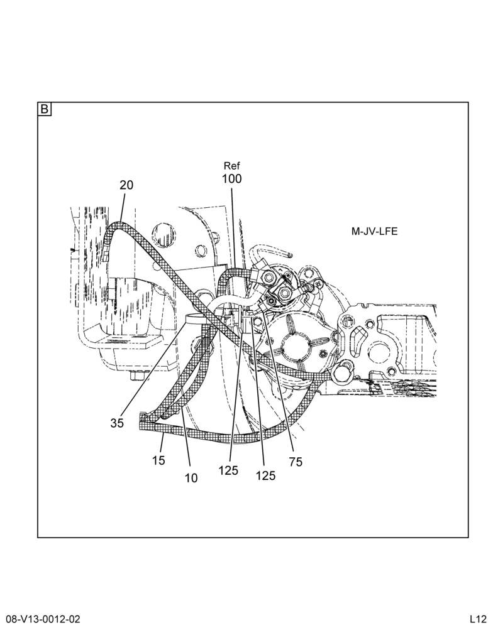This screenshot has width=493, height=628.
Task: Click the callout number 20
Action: (x=126, y=185)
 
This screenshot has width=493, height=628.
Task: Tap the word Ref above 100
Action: (x=232, y=166)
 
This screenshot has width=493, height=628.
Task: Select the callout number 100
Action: (x=232, y=178)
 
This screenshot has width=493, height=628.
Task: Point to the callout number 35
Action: (x=117, y=423)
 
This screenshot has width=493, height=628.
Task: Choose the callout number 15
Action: (x=159, y=460)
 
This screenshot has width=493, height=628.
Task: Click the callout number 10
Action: (x=191, y=478)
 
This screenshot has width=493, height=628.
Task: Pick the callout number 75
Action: (x=296, y=462)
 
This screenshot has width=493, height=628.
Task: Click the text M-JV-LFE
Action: (x=375, y=231)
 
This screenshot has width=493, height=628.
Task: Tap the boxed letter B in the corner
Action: (x=45, y=109)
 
